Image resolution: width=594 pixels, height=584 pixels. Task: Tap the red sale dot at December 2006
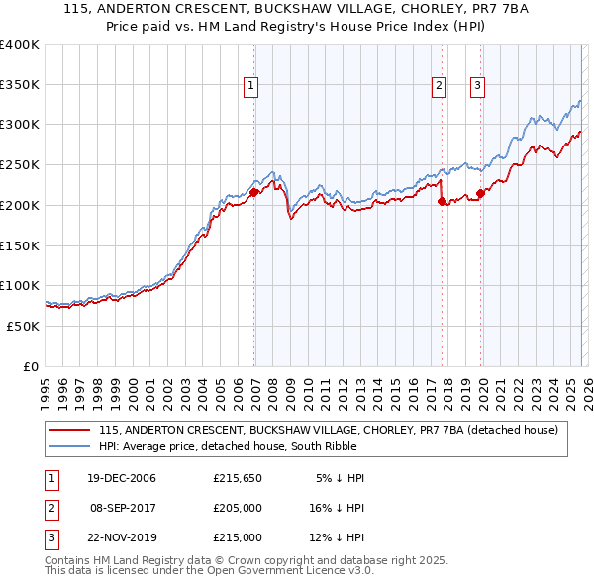[x=254, y=192]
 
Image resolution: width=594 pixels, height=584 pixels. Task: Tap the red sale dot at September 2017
[x=442, y=201]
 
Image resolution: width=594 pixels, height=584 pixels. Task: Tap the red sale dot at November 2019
[x=480, y=193]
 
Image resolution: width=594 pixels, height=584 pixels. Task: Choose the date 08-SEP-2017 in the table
[x=123, y=508]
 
